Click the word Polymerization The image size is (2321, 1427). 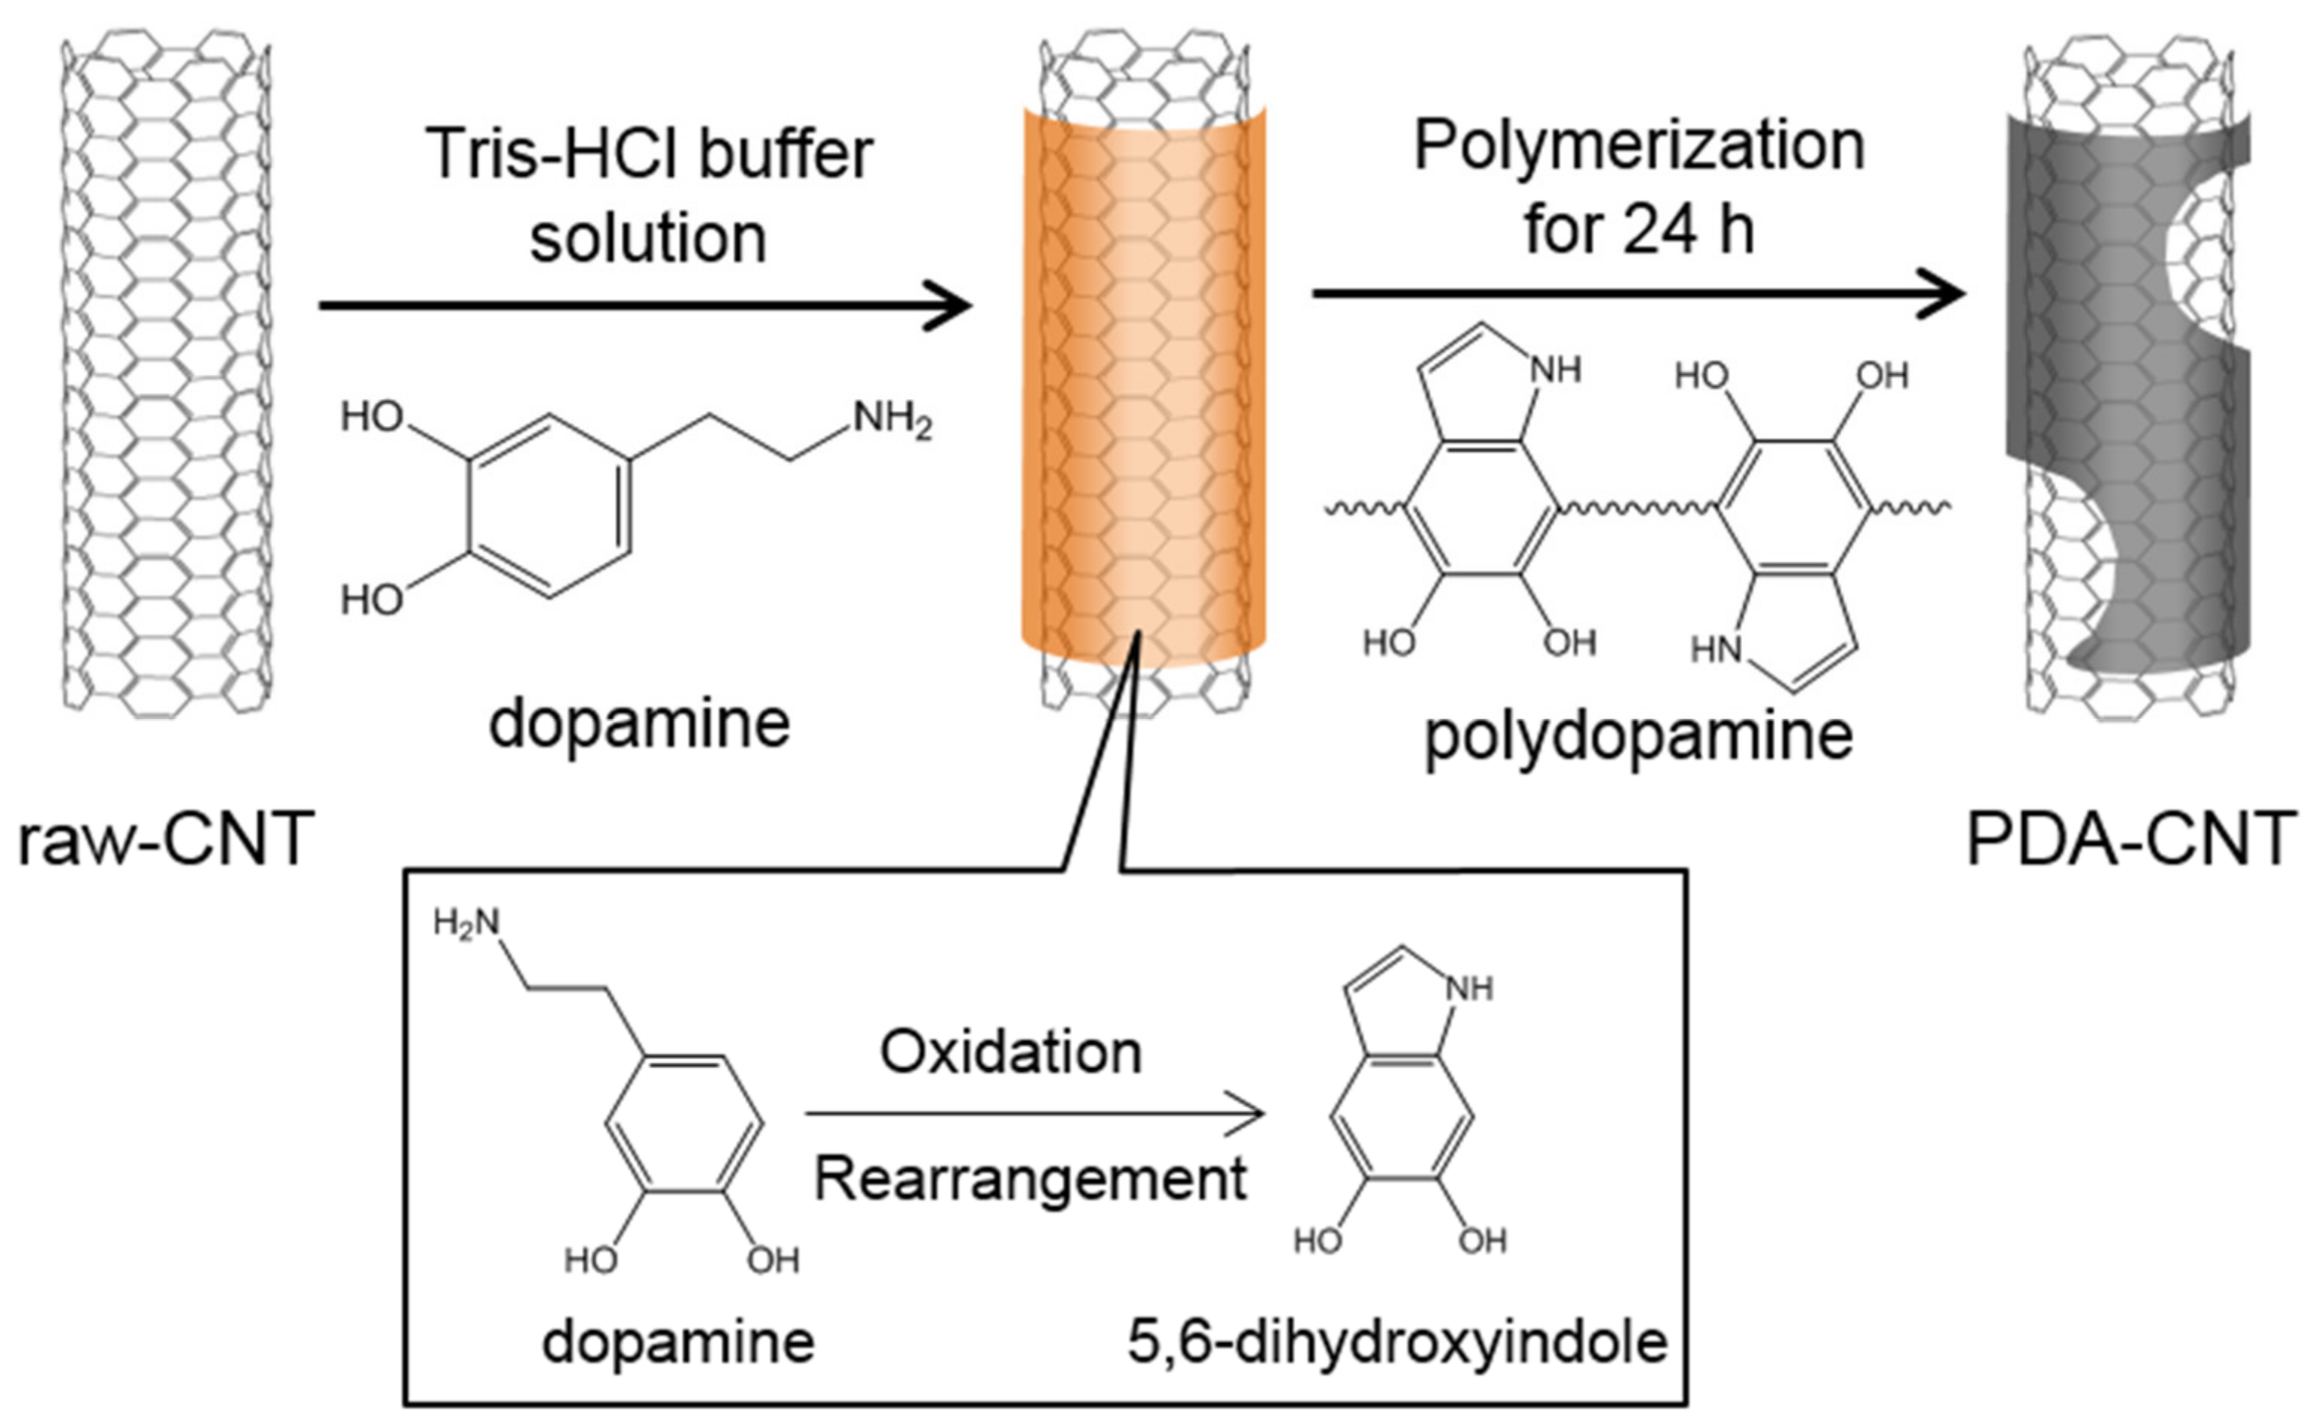point(1639,146)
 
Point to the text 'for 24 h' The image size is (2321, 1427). point(1639,229)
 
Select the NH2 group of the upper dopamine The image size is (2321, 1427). point(892,419)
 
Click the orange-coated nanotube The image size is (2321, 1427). point(1143,378)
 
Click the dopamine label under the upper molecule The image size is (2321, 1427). point(640,724)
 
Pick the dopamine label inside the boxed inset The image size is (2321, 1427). point(678,1341)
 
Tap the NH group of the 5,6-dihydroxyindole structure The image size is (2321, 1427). point(1470,989)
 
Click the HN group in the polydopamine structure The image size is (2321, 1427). point(1716,650)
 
